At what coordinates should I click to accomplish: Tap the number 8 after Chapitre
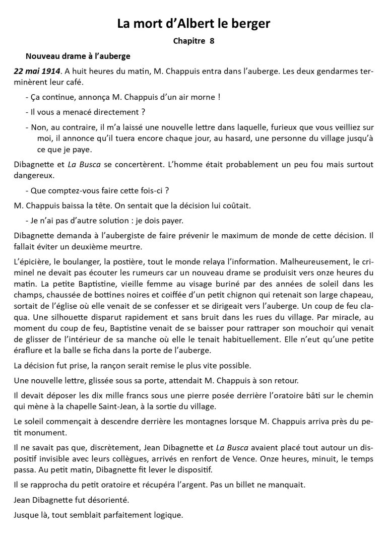(212, 41)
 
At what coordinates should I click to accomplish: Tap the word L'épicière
(31, 262)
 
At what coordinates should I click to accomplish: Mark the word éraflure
(30, 350)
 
